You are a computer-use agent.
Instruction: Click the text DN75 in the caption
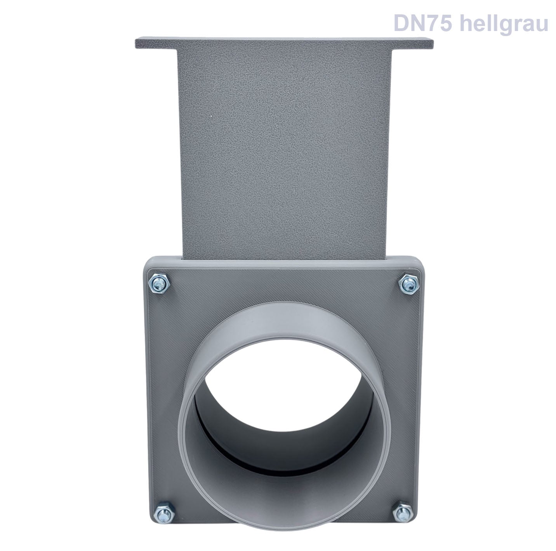(423, 23)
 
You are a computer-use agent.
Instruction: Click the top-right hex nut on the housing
(408, 285)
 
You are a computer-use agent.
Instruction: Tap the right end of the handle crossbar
(433, 43)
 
